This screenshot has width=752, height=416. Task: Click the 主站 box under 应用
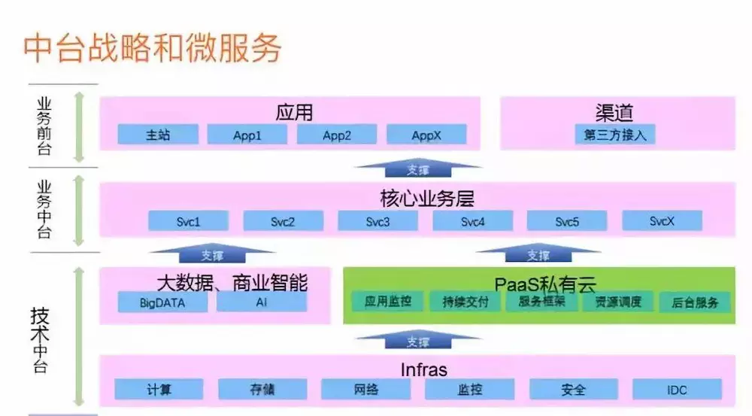[x=158, y=135]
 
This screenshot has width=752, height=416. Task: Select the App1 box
[x=247, y=135]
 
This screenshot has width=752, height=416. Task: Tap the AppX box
[x=426, y=135]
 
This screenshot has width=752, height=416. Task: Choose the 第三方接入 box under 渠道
[x=615, y=135]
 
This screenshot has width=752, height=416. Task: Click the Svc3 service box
[x=378, y=221]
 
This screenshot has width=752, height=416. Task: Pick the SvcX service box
[x=662, y=221]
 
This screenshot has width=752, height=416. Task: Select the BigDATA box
[x=162, y=303]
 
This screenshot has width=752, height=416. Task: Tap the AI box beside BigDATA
[x=261, y=303]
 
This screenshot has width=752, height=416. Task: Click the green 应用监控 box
[x=388, y=302]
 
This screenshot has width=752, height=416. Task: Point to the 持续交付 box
[x=465, y=302]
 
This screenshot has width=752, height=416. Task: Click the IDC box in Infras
[x=677, y=390]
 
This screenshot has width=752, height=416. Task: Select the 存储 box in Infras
[x=262, y=390]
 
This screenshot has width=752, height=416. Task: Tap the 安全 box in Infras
[x=573, y=390]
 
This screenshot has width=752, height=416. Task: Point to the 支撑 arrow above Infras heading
[x=418, y=342]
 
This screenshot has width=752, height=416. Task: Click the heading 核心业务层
[x=427, y=198]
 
